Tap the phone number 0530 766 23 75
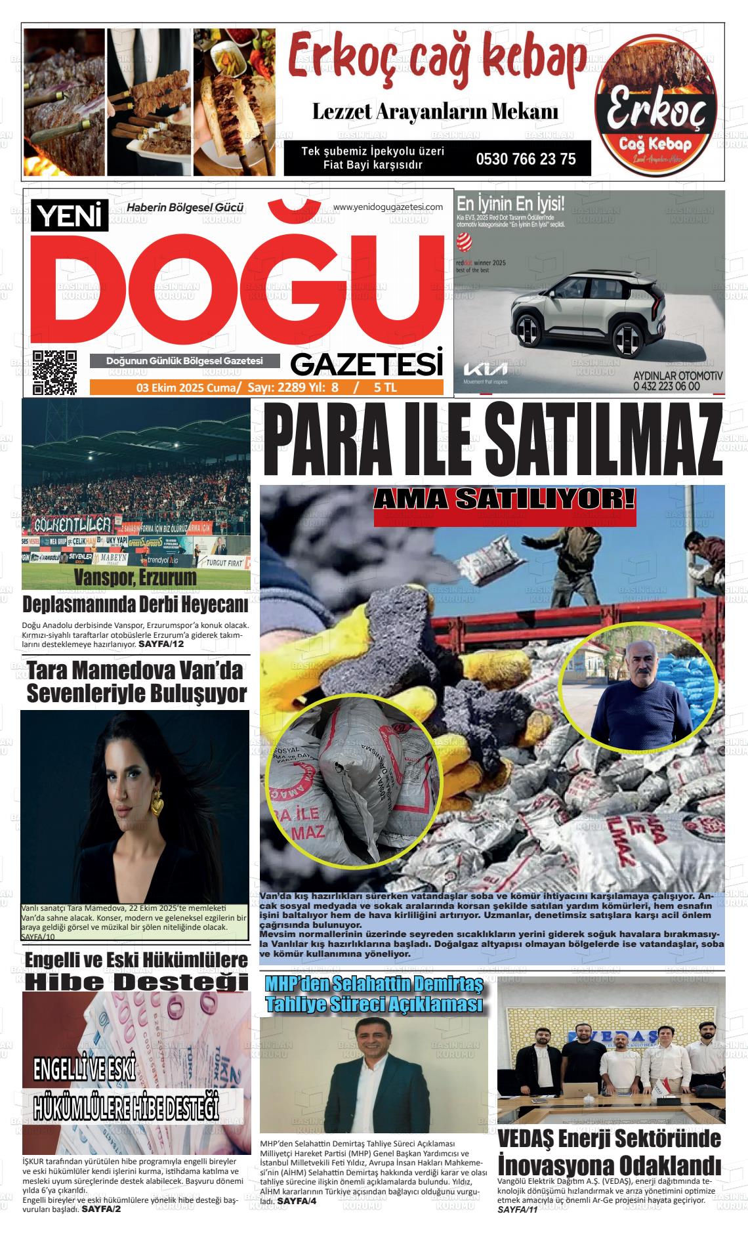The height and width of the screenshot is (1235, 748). [526, 159]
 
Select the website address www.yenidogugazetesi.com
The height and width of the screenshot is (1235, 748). [388, 207]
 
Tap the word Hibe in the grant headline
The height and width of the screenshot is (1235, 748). [72, 982]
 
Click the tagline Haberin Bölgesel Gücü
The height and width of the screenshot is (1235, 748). [185, 208]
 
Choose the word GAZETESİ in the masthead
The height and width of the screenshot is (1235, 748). [367, 363]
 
